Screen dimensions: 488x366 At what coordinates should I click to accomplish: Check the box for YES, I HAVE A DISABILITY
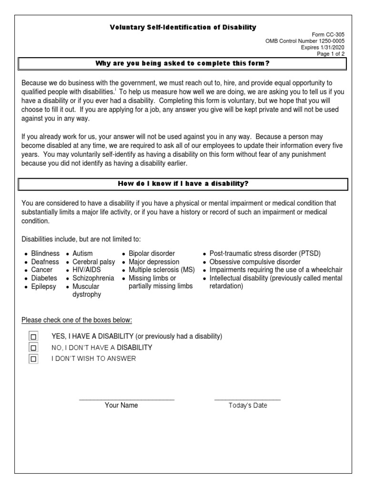[33, 336]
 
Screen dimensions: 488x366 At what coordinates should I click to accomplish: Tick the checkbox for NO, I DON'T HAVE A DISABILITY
[33, 348]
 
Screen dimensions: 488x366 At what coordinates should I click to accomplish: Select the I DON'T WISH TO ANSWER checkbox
[33, 359]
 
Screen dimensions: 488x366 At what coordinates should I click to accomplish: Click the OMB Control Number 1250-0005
[305, 41]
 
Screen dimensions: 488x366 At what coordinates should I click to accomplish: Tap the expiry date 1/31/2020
[323, 48]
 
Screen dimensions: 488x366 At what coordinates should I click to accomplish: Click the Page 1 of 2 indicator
[331, 54]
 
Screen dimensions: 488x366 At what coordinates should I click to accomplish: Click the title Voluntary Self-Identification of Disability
[183, 28]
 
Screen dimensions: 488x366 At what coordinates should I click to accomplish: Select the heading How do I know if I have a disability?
[183, 184]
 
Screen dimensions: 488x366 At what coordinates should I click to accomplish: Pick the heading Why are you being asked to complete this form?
[183, 63]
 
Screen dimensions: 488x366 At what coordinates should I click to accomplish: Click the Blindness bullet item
[45, 254]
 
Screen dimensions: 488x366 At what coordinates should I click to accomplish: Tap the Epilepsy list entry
[43, 286]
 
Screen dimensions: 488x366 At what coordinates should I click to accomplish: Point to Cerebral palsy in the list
[93, 262]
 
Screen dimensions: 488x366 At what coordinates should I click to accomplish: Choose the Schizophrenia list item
[93, 278]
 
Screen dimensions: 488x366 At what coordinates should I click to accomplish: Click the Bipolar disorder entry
[152, 254]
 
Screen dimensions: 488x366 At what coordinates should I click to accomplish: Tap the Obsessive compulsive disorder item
[255, 262]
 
